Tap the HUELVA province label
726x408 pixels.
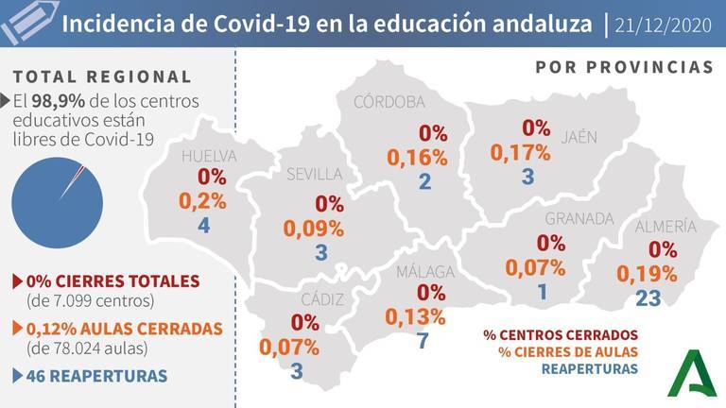209,156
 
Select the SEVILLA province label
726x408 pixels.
315,174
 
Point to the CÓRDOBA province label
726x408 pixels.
389,102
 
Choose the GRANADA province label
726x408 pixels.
579,219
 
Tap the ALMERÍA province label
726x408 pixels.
665,227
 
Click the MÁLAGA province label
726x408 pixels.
424,272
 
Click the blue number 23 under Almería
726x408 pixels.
648,298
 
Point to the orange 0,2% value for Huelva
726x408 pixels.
202,200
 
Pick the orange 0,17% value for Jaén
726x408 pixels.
520,151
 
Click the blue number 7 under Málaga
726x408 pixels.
423,340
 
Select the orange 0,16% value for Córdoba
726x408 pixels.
417,158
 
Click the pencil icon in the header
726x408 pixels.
25,23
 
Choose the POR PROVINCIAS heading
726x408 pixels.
624,68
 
